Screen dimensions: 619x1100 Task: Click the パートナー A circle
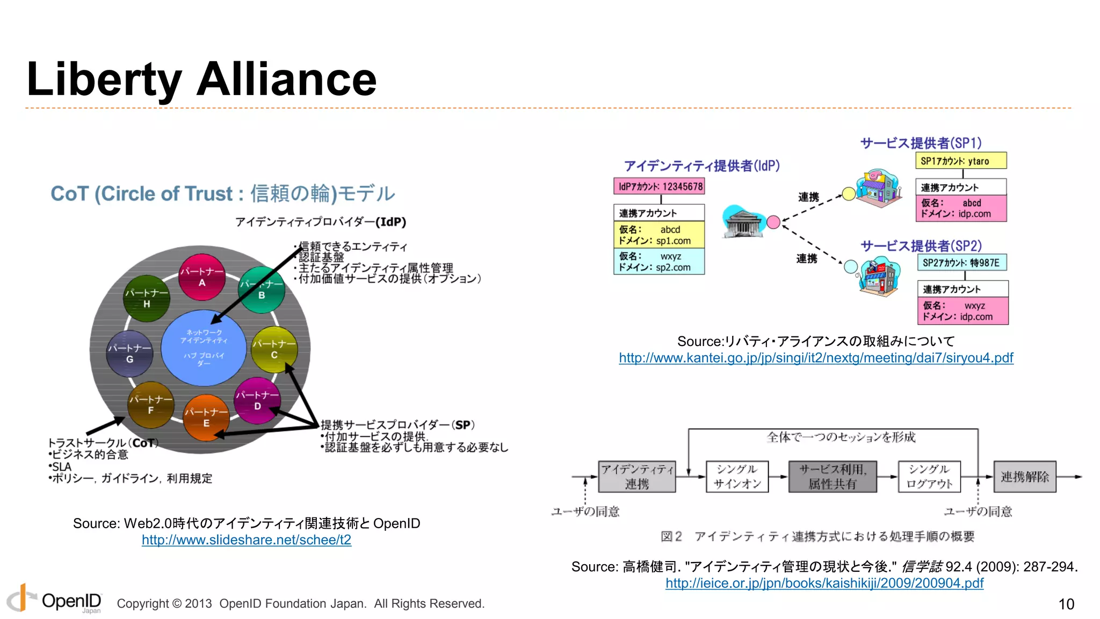click(x=202, y=277)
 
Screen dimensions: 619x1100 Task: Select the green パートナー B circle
click(x=262, y=290)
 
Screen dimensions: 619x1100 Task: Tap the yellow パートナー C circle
click(x=274, y=349)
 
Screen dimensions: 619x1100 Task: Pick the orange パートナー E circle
click(x=206, y=418)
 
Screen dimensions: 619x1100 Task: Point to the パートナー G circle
click(x=129, y=354)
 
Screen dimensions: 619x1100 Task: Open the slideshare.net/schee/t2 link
click(x=247, y=540)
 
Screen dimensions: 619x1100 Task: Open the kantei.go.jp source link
click(x=816, y=358)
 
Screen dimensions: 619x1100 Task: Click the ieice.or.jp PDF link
click(x=824, y=583)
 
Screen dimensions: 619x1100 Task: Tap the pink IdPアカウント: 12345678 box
click(x=659, y=186)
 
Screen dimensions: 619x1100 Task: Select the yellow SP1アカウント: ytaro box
click(x=961, y=161)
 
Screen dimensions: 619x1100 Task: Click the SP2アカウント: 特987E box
click(x=962, y=263)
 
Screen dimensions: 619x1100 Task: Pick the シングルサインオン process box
click(x=737, y=477)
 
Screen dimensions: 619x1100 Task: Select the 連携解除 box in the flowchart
click(x=1024, y=477)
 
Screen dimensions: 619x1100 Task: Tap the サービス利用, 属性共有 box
click(x=833, y=477)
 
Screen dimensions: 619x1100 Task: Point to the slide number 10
click(x=1066, y=604)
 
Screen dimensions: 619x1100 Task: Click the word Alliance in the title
click(x=287, y=80)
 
